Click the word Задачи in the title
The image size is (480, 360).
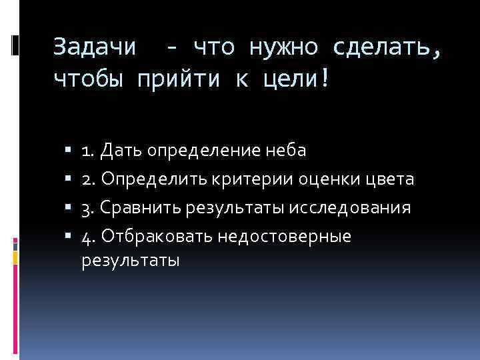pos(94,47)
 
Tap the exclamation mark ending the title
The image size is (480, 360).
pos(325,79)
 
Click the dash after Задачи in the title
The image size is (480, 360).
pos(173,47)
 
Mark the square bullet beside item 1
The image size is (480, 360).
pos(69,151)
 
